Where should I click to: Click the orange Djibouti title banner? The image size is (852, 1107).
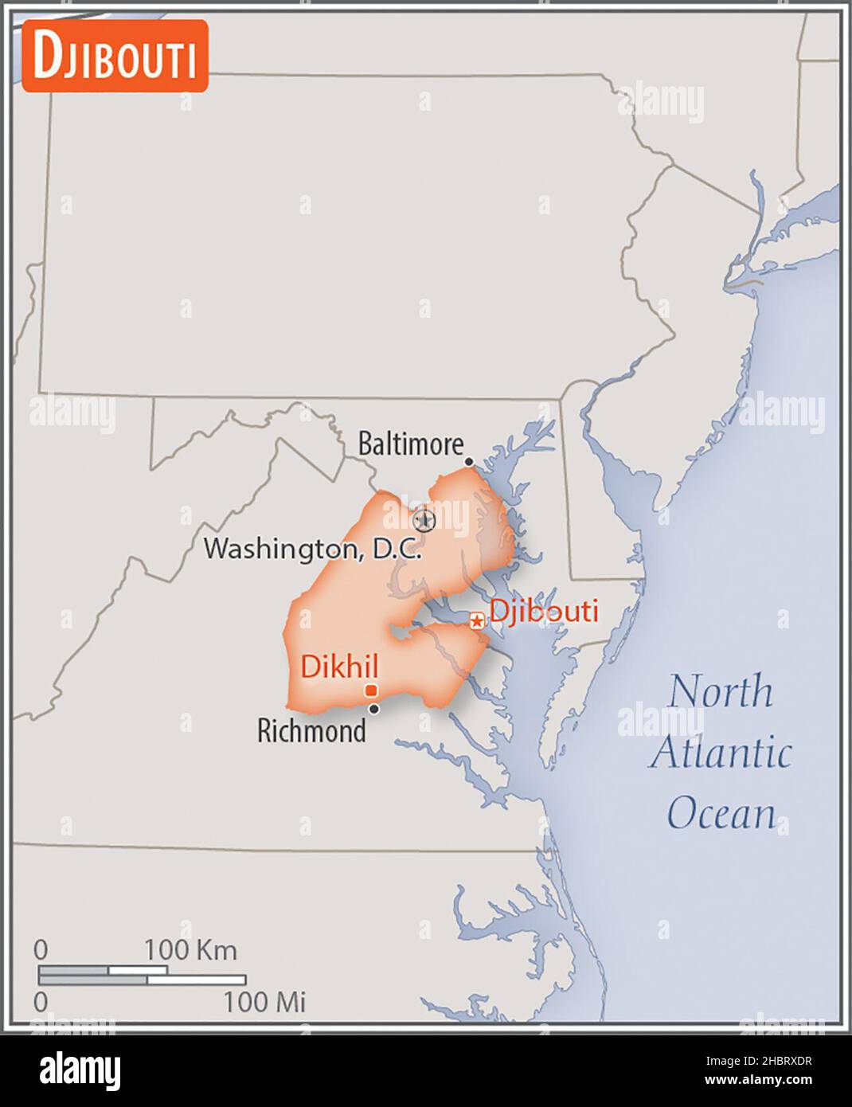point(115,56)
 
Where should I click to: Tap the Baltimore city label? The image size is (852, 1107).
point(410,444)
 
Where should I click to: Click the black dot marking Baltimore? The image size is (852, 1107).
point(469,462)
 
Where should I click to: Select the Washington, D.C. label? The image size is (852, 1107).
point(312,549)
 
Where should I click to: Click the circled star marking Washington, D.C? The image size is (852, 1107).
point(425,520)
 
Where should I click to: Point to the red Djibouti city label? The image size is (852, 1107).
point(544,611)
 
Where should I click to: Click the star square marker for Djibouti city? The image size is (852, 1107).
point(476,620)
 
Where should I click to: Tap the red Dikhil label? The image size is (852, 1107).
point(339,667)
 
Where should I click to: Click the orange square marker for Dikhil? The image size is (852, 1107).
point(371,690)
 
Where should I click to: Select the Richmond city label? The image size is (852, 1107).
point(311,730)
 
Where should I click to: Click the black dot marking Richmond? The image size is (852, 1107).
point(374,709)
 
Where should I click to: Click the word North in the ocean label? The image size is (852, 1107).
point(720,691)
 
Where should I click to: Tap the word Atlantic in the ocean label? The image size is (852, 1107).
point(720,753)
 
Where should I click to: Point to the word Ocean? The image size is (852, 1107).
point(721,813)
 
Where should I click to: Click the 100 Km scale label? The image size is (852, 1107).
point(190,949)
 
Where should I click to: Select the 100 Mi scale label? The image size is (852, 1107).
point(264,1002)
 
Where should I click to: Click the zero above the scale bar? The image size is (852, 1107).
point(41,949)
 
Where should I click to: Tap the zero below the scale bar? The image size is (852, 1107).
point(41,1002)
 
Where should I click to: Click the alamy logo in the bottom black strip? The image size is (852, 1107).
point(80,1070)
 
